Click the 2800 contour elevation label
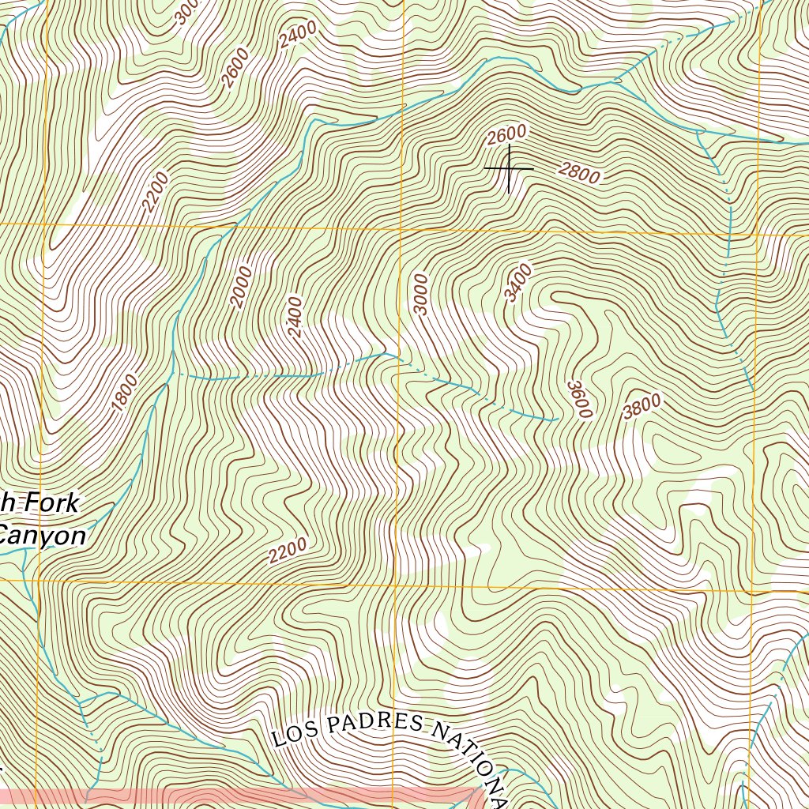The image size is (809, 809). coord(579,173)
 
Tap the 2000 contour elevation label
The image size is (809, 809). coord(242,288)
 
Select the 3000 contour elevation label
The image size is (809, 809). coord(420,295)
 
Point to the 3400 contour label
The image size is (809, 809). coord(518,283)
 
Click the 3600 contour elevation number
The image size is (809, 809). coord(579,400)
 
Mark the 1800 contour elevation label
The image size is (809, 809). coord(125,392)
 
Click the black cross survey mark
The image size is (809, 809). coord(509,168)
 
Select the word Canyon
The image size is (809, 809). coord(43,536)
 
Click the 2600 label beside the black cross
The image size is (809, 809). coord(506,135)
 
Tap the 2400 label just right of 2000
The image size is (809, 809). coord(295,317)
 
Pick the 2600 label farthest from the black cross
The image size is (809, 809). coord(235,68)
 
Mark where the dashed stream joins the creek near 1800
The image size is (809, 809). coord(171,373)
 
